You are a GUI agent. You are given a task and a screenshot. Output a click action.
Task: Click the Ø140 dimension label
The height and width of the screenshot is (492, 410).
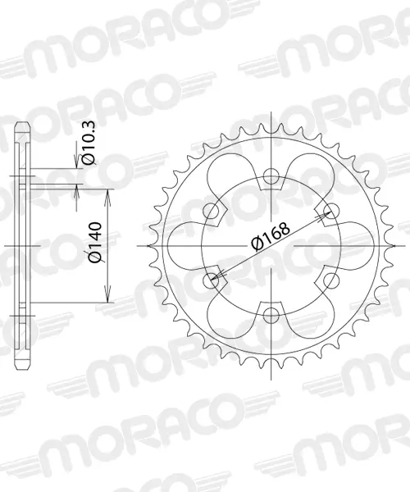coord(95,242)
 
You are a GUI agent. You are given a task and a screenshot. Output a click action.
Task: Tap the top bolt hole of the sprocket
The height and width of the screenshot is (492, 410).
coord(271,175)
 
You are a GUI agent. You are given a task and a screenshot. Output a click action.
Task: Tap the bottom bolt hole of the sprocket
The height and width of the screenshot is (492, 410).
coord(271,316)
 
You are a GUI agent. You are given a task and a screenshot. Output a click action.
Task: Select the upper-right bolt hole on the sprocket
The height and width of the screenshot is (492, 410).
coord(331,211)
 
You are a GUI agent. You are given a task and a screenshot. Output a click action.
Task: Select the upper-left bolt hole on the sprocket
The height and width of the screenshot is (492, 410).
coord(211,211)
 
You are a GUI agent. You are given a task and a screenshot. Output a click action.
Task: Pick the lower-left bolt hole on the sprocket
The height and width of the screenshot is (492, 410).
coord(211,280)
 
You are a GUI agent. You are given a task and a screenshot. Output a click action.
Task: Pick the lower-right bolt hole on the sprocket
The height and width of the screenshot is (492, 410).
coord(331,280)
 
